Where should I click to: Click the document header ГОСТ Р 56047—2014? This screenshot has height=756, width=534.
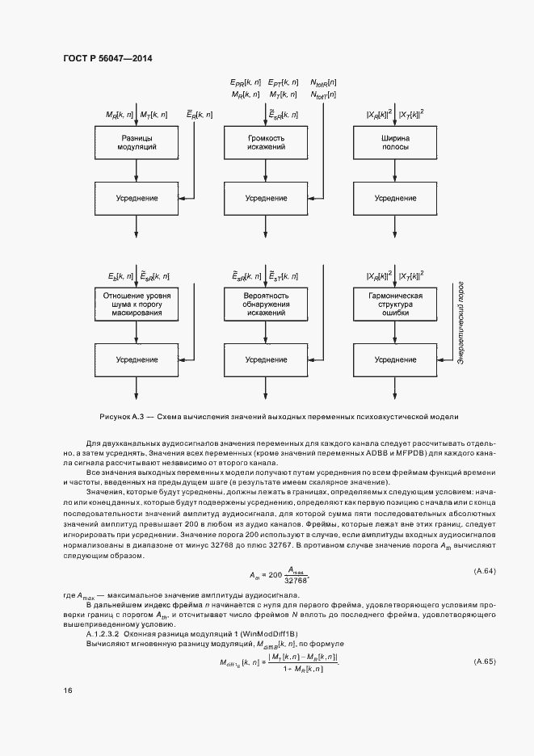[107, 59]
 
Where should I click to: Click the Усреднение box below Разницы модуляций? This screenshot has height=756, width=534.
[136, 197]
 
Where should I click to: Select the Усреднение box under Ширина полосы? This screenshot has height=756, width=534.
[395, 197]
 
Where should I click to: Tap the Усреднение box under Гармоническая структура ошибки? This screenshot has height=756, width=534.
[395, 359]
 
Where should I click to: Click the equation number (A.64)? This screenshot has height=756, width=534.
[483, 572]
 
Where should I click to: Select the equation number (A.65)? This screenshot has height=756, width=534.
[483, 661]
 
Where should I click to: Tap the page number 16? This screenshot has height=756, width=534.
[67, 690]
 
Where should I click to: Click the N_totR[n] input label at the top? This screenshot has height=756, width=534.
[324, 82]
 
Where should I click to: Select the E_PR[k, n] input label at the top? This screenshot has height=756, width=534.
[246, 82]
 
